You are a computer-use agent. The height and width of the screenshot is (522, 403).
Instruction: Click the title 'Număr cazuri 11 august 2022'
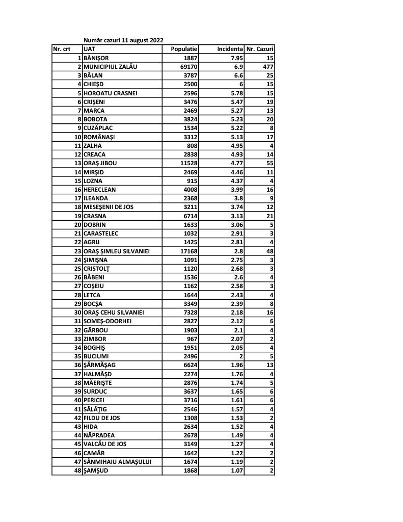coord(123,40)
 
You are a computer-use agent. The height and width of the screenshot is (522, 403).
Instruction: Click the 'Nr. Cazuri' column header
coord(260,49)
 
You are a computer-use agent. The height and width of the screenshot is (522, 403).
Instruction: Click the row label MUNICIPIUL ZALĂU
coord(111,67)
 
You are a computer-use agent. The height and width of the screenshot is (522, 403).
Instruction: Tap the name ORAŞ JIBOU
coord(102,163)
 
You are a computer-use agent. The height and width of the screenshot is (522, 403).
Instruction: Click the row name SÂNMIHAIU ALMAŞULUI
coord(118,461)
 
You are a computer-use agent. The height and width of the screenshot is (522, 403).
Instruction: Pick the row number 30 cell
coord(78,312)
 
